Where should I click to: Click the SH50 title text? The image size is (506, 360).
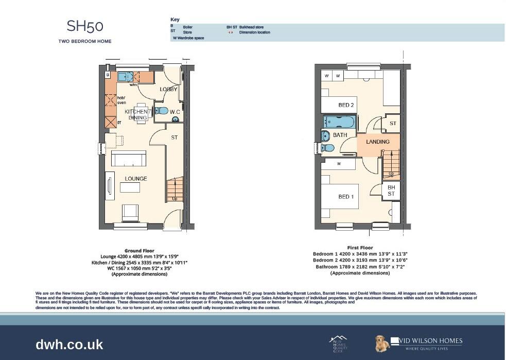point(85,26)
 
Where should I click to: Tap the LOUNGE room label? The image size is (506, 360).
point(135,179)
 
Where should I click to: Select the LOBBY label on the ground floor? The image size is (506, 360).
point(168,89)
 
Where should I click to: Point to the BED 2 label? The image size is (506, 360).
point(346,105)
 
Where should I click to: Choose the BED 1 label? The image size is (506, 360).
point(346,197)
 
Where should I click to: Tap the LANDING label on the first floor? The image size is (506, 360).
point(377,142)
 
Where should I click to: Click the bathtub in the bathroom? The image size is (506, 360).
point(340,122)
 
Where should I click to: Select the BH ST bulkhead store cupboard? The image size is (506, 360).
point(391,191)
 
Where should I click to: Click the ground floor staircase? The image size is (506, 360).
point(175,190)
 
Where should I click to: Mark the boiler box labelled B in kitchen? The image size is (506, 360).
point(108,75)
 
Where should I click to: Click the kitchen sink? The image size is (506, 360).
point(125,77)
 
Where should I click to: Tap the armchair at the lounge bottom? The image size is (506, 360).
point(130,212)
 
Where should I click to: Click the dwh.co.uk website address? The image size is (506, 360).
point(69,345)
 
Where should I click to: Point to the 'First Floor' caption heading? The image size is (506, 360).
point(360,248)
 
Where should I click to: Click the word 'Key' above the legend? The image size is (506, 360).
point(175,20)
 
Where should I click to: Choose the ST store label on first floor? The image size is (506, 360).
point(393,124)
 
